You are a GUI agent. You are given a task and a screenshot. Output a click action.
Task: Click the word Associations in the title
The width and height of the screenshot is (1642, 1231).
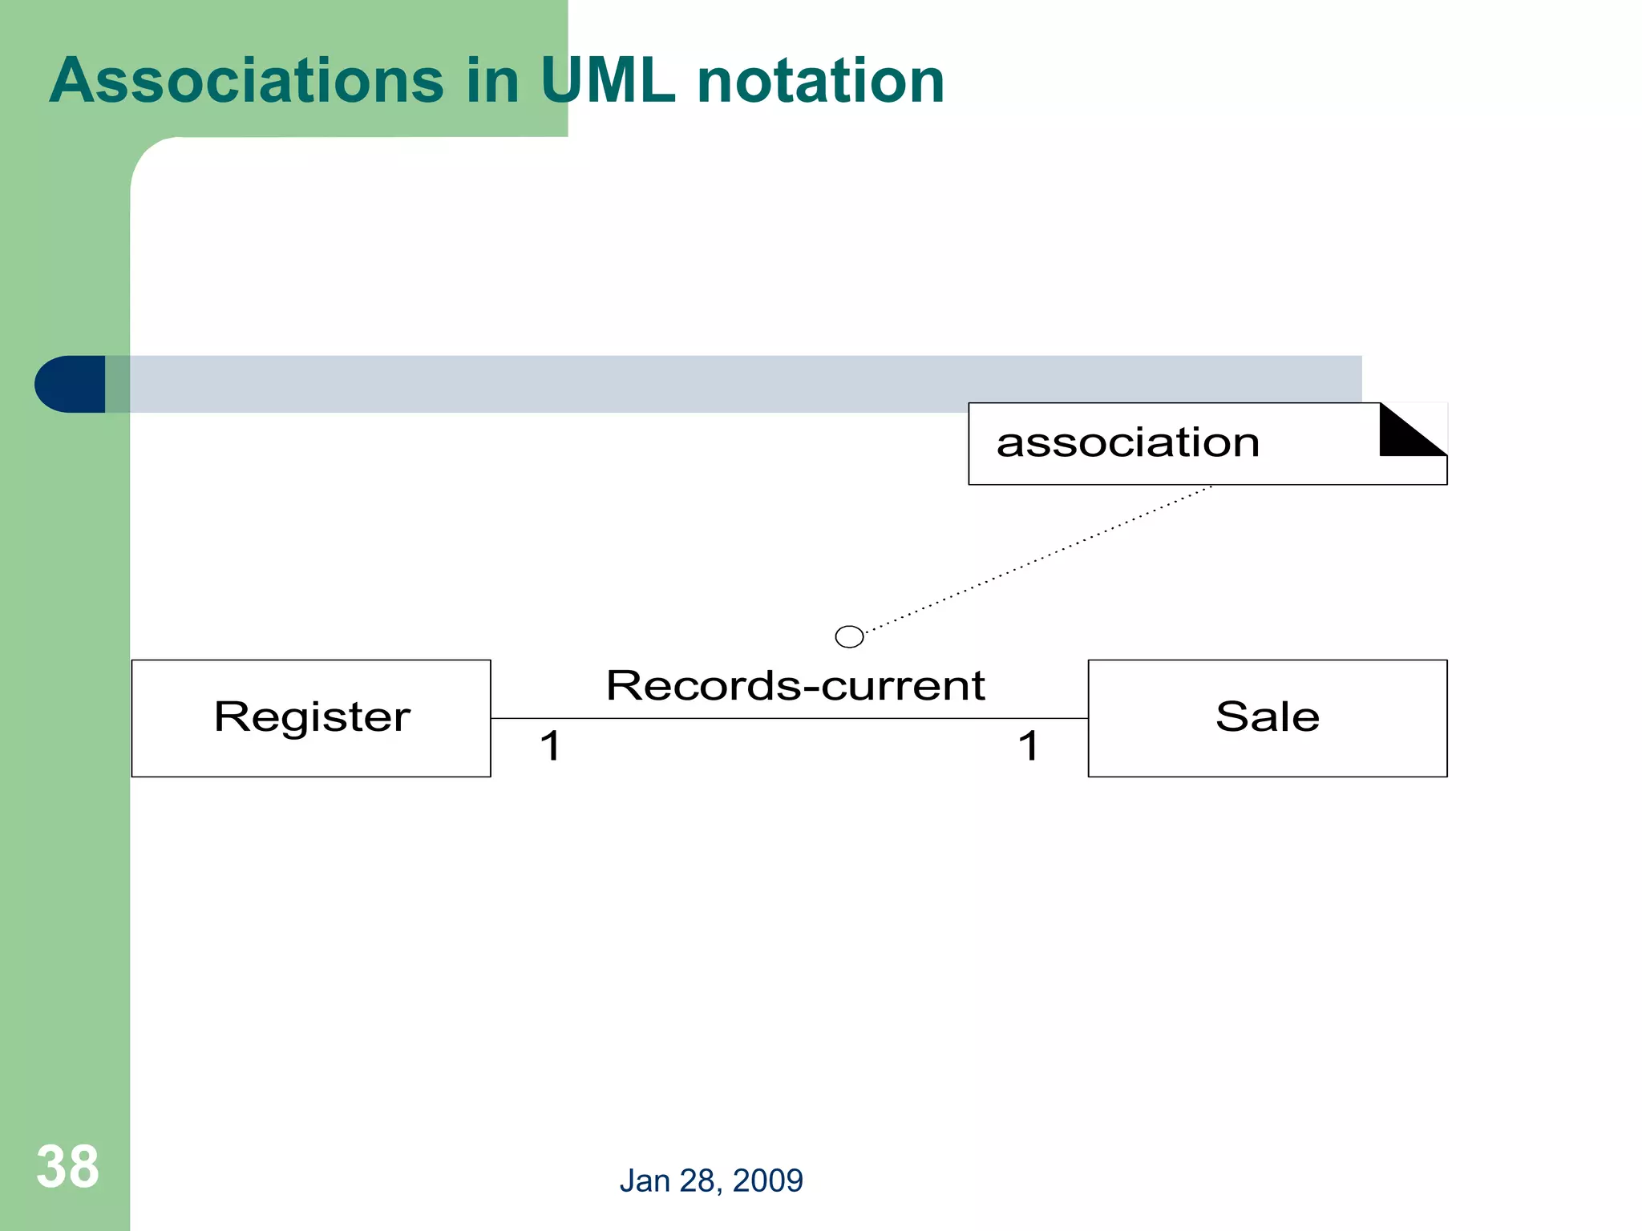coord(246,81)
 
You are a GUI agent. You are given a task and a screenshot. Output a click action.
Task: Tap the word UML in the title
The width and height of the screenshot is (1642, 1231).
coord(607,81)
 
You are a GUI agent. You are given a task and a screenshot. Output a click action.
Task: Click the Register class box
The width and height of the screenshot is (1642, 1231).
coord(311,753)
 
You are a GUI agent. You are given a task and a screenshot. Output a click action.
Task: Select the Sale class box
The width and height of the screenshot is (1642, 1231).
coord(1267,753)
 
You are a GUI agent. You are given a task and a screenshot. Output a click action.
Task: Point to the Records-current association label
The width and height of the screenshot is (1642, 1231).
coord(795,685)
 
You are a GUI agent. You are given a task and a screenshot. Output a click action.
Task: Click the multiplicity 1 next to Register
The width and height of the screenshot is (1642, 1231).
coord(550,746)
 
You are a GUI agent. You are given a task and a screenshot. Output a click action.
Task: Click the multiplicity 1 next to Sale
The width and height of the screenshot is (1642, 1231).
coord(1029,746)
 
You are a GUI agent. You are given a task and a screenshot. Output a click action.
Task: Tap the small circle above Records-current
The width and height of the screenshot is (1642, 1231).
coord(849,636)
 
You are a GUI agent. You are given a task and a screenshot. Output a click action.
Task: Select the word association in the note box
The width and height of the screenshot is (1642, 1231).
coord(1127,442)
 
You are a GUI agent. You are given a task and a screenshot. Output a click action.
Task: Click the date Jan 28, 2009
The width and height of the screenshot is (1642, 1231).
coord(710,1181)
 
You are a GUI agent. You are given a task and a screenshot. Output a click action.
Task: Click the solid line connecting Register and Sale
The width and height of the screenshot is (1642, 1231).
coord(790,718)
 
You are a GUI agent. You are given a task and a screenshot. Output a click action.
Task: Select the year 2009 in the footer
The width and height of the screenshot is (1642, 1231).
coord(767,1181)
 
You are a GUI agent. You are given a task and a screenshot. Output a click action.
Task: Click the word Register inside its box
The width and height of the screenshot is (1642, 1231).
coord(311,716)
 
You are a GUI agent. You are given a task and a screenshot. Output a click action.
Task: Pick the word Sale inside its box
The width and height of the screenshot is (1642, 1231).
coord(1267,716)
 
